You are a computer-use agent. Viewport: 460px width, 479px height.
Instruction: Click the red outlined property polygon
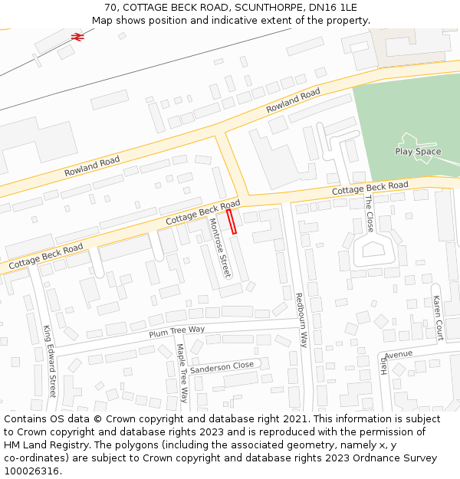(x=232, y=221)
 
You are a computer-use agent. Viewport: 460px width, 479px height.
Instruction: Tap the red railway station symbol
(x=77, y=36)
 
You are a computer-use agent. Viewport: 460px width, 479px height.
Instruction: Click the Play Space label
(x=418, y=152)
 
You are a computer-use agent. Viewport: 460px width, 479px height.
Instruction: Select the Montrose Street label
(x=220, y=247)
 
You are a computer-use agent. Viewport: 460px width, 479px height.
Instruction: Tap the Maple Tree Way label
(x=182, y=373)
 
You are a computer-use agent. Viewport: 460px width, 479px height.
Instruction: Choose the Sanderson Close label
(x=222, y=367)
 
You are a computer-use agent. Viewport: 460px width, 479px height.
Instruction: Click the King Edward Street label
(x=50, y=360)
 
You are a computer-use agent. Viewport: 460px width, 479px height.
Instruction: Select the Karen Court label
(x=437, y=318)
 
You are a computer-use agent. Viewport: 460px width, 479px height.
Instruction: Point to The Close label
(x=369, y=214)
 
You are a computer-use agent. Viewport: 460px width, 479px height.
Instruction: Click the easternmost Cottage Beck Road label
(x=370, y=188)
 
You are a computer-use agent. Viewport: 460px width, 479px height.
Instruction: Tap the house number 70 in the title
(x=110, y=8)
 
